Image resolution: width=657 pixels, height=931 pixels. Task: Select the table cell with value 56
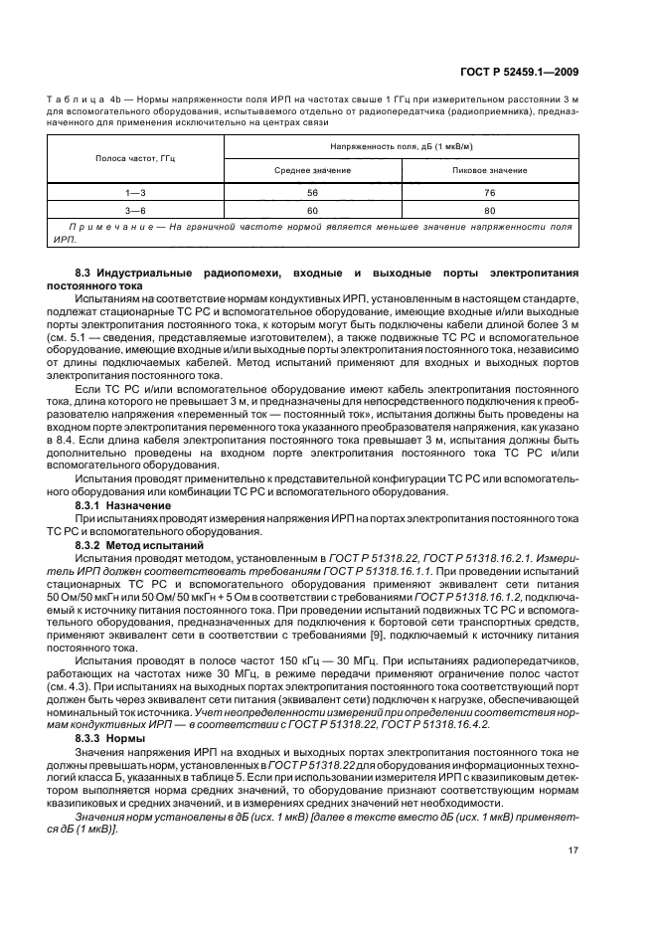311,191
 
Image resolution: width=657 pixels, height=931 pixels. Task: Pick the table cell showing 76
488,191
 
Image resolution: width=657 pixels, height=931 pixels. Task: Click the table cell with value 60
311,210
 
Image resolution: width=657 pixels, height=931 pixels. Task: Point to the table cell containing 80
488,210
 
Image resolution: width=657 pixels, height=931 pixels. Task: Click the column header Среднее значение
311,170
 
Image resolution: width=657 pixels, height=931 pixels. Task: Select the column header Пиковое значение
488,170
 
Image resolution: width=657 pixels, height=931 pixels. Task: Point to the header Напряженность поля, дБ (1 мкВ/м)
401,146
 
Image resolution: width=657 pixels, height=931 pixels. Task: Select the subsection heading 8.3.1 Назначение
116,504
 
